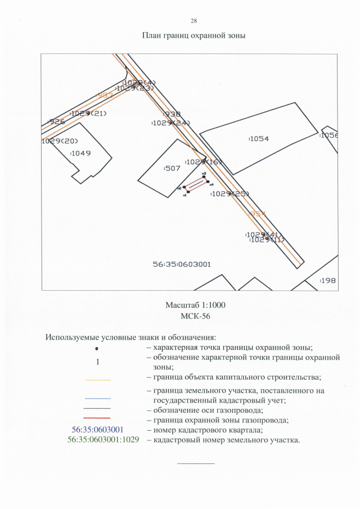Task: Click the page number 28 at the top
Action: tap(193, 21)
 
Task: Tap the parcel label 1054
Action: tap(259, 138)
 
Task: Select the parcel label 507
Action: tap(172, 168)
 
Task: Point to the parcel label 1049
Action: tap(81, 153)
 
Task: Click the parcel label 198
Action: tap(328, 280)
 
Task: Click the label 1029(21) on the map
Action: tap(89, 113)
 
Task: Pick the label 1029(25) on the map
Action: tap(230, 193)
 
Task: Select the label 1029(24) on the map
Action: tap(172, 123)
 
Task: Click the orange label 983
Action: tap(105, 96)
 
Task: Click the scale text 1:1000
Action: tap(211, 305)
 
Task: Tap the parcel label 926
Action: tap(57, 121)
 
